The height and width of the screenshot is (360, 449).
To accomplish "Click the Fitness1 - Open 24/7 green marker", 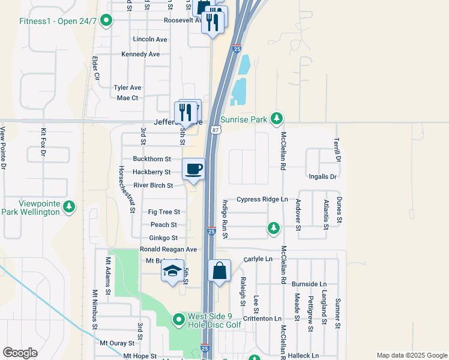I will point(107,22).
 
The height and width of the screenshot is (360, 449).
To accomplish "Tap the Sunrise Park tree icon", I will point(276,119).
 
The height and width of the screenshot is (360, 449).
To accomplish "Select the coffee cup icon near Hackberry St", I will point(193,169).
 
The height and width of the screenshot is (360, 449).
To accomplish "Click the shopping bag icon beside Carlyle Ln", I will point(219,270).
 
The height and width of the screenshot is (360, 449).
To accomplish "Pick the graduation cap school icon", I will point(172,271).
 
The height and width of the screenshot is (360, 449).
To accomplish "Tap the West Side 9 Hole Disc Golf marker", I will point(178,319).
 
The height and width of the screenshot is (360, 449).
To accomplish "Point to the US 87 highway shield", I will point(216,130).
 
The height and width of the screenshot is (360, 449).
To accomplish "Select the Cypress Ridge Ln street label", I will point(262,199).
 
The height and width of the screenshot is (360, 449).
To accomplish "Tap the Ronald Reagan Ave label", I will point(168,250).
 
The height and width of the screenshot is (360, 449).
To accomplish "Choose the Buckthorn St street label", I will point(152,159).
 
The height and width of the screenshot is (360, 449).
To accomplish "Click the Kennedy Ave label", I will point(140,54).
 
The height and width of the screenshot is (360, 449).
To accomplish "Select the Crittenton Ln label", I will point(262,319).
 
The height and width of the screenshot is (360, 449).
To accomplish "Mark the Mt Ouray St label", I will point(117,343).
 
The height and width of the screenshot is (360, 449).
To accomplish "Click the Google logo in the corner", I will point(20,353).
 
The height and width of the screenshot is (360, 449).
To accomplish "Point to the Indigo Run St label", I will point(225,219).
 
